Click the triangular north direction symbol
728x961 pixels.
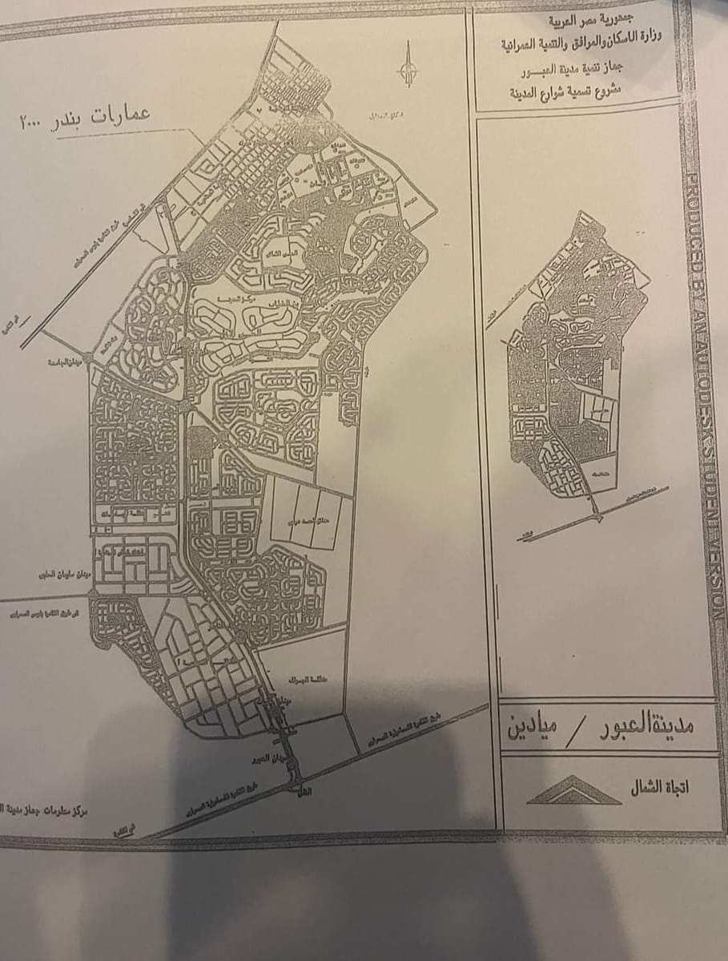click(x=573, y=791)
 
